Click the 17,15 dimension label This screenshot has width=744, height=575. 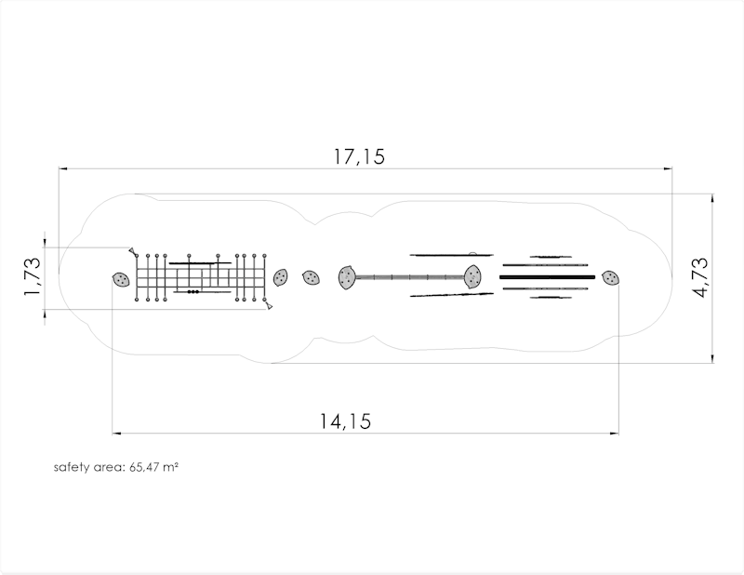pos(359,156)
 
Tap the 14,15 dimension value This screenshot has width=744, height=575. pos(345,421)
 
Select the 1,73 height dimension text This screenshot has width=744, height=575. pos(33,277)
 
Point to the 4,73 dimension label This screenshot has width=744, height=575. pos(700,278)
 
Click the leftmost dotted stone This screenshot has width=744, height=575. pos(121,280)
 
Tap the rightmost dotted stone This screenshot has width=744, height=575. pos(611,278)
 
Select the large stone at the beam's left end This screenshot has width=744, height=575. pos(347,277)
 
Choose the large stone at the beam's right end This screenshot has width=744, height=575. pos(472,277)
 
